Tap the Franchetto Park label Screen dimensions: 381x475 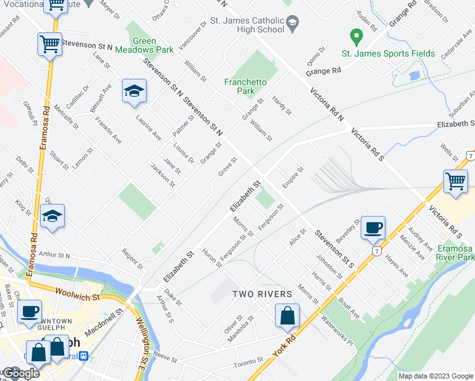245,86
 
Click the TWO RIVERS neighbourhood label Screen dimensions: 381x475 262,294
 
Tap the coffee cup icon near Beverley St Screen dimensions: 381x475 373,227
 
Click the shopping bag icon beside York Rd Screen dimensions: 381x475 288,316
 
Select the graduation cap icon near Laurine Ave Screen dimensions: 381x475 134,91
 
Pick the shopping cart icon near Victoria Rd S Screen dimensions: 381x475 455,181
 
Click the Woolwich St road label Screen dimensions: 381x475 78,297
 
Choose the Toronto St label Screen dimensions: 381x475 247,364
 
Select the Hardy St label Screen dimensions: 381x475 281,105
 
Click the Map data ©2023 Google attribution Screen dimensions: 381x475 436,376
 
